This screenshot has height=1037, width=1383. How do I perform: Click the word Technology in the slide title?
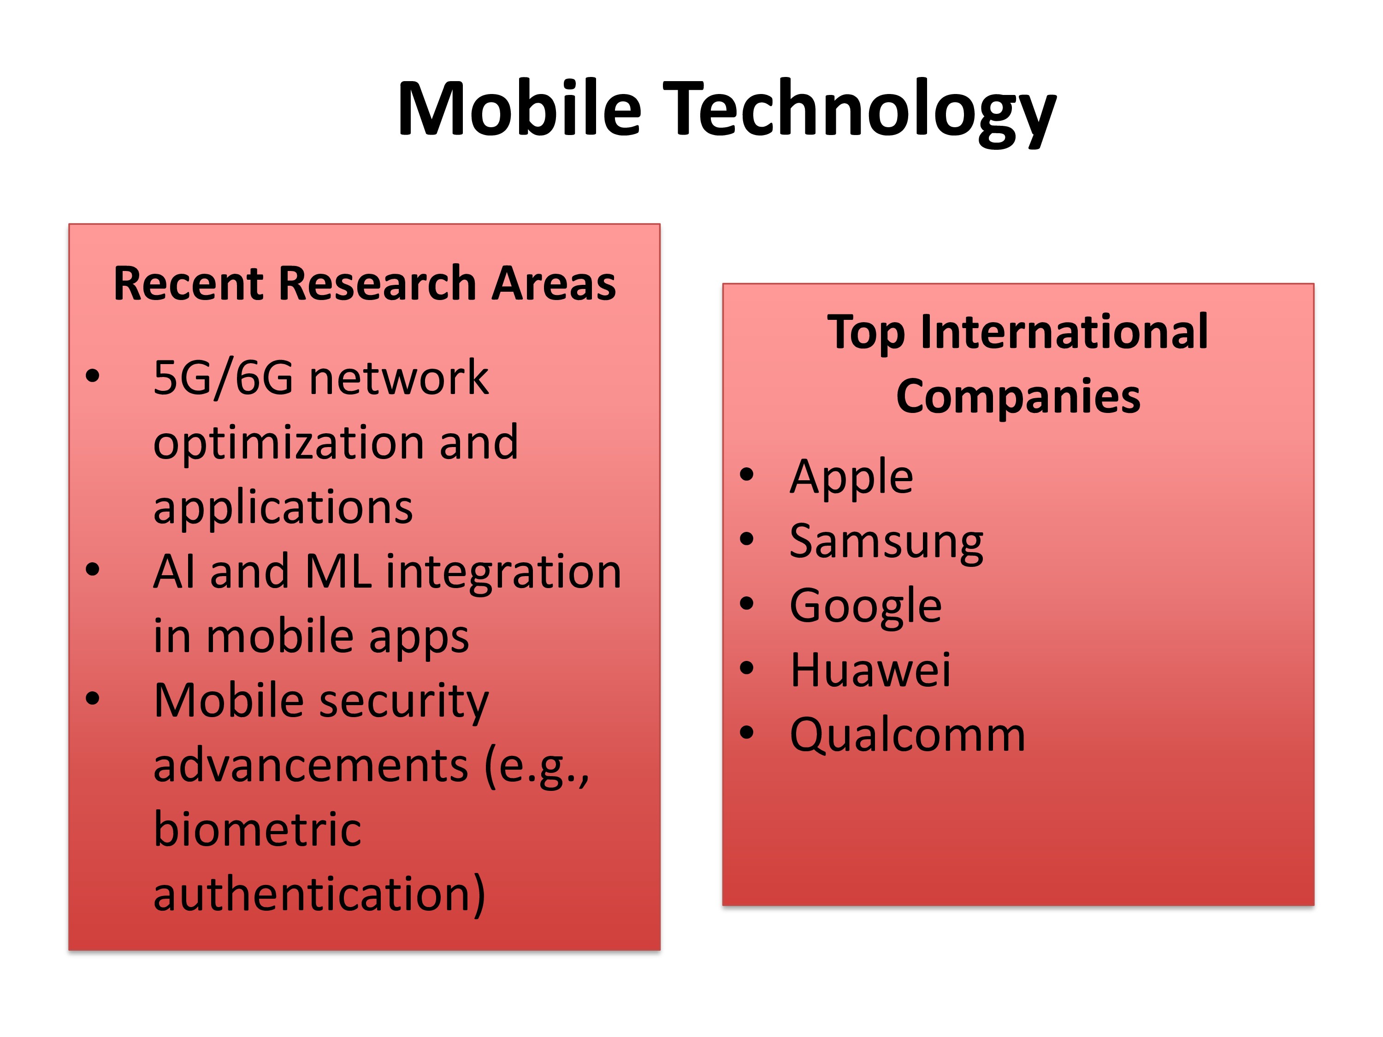pos(860,112)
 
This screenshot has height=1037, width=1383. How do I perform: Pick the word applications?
pos(283,507)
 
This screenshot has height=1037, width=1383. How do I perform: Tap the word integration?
pos(503,572)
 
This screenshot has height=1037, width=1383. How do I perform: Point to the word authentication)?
pos(319,895)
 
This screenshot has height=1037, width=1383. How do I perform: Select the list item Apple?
pos(851,477)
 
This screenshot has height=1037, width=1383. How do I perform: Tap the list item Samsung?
pos(886,542)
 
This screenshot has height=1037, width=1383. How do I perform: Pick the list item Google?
pos(865,607)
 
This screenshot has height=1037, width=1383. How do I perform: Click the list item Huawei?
pos(870,670)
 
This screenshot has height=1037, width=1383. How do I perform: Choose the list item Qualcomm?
pos(907,735)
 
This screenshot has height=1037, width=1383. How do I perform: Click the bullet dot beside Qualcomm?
pos(746,733)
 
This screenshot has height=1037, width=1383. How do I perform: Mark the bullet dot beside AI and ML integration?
pos(93,570)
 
